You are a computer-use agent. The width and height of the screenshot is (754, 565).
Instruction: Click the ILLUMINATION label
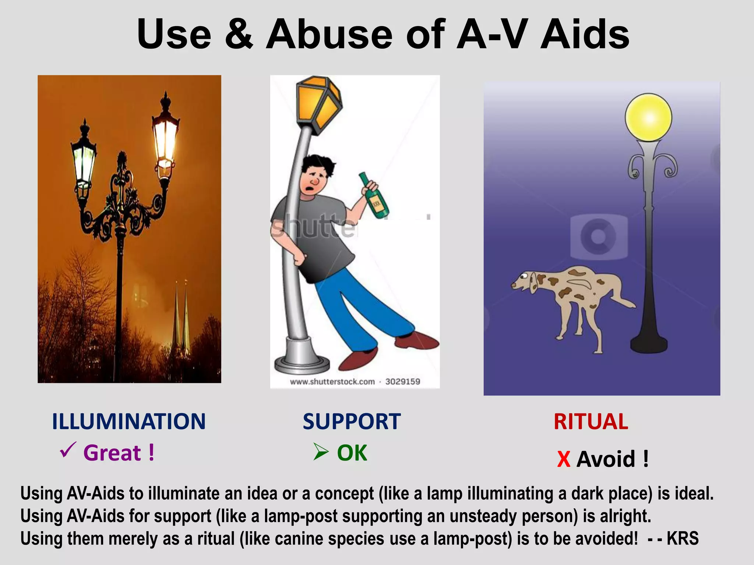(x=128, y=422)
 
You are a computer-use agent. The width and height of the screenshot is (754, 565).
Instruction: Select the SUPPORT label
(x=351, y=422)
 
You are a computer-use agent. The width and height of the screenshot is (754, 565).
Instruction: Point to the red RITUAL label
(x=591, y=422)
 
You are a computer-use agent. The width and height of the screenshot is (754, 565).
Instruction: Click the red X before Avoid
(x=563, y=459)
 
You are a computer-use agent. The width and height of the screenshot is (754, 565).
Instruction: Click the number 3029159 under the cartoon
(x=402, y=381)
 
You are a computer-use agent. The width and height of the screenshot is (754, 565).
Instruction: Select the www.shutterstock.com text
(x=332, y=381)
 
